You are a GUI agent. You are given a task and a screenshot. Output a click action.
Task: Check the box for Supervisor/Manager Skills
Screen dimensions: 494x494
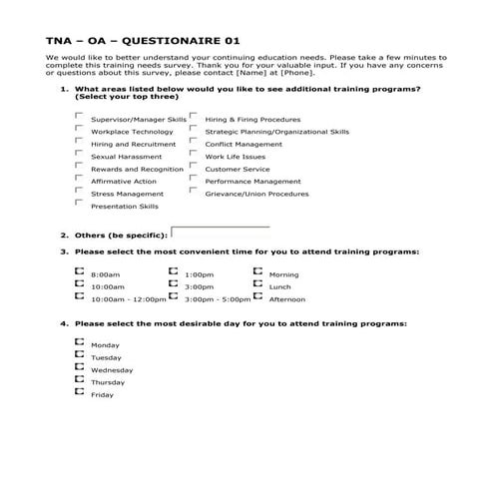point(79,117)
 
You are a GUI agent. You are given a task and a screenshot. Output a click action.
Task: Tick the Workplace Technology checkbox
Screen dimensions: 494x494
point(79,129)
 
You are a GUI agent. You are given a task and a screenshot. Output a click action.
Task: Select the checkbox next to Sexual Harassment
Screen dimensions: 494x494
point(79,154)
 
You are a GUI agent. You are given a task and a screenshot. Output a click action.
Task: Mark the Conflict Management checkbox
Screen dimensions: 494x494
point(193,141)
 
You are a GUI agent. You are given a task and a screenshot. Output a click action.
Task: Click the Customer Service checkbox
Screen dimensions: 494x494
point(193,166)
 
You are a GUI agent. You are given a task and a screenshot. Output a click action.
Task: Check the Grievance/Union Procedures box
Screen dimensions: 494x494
point(193,191)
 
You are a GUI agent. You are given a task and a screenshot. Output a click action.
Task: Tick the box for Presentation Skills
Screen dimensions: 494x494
point(79,203)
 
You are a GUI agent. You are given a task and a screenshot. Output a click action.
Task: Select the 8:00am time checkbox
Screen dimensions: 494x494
point(79,271)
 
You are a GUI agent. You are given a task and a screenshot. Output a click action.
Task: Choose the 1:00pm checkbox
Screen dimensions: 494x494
point(174,271)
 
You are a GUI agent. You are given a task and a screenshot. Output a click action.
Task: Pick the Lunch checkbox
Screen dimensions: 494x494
point(257,283)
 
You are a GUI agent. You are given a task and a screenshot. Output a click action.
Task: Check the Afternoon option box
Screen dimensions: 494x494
point(257,296)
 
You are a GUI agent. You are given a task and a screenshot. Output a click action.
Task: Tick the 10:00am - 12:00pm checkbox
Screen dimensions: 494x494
point(79,296)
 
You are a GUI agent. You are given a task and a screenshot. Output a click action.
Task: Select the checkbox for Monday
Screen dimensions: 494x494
point(79,342)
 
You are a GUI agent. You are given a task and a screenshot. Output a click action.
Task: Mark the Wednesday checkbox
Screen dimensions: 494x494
point(79,367)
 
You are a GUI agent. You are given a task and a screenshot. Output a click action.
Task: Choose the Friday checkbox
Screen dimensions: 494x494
point(79,392)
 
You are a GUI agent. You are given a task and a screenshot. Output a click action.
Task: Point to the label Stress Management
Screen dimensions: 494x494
point(127,194)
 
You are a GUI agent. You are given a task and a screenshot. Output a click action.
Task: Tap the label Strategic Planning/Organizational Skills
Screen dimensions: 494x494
point(276,132)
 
